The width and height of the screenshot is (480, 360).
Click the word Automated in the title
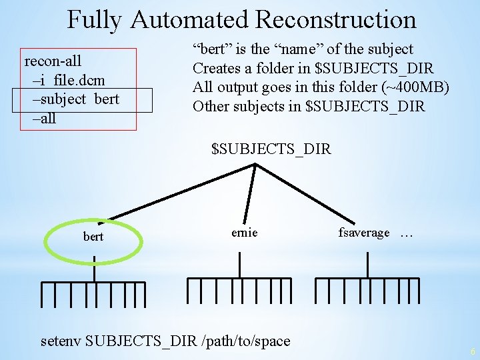pyautogui.click(x=190, y=19)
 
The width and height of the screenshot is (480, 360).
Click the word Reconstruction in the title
pyautogui.click(x=335, y=19)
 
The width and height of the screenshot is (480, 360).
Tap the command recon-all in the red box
pyautogui.click(x=53, y=61)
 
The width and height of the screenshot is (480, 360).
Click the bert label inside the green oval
pyautogui.click(x=93, y=237)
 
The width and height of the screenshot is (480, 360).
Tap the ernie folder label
pyautogui.click(x=244, y=233)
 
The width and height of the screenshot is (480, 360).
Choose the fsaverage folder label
pyautogui.click(x=364, y=233)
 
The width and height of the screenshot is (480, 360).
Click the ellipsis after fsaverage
pyautogui.click(x=406, y=233)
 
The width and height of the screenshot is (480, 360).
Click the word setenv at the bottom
pyautogui.click(x=61, y=341)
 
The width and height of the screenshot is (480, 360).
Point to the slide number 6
pyautogui.click(x=472, y=351)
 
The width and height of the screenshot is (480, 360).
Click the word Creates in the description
pyautogui.click(x=216, y=68)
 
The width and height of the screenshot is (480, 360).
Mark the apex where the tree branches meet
pyautogui.click(x=255, y=164)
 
